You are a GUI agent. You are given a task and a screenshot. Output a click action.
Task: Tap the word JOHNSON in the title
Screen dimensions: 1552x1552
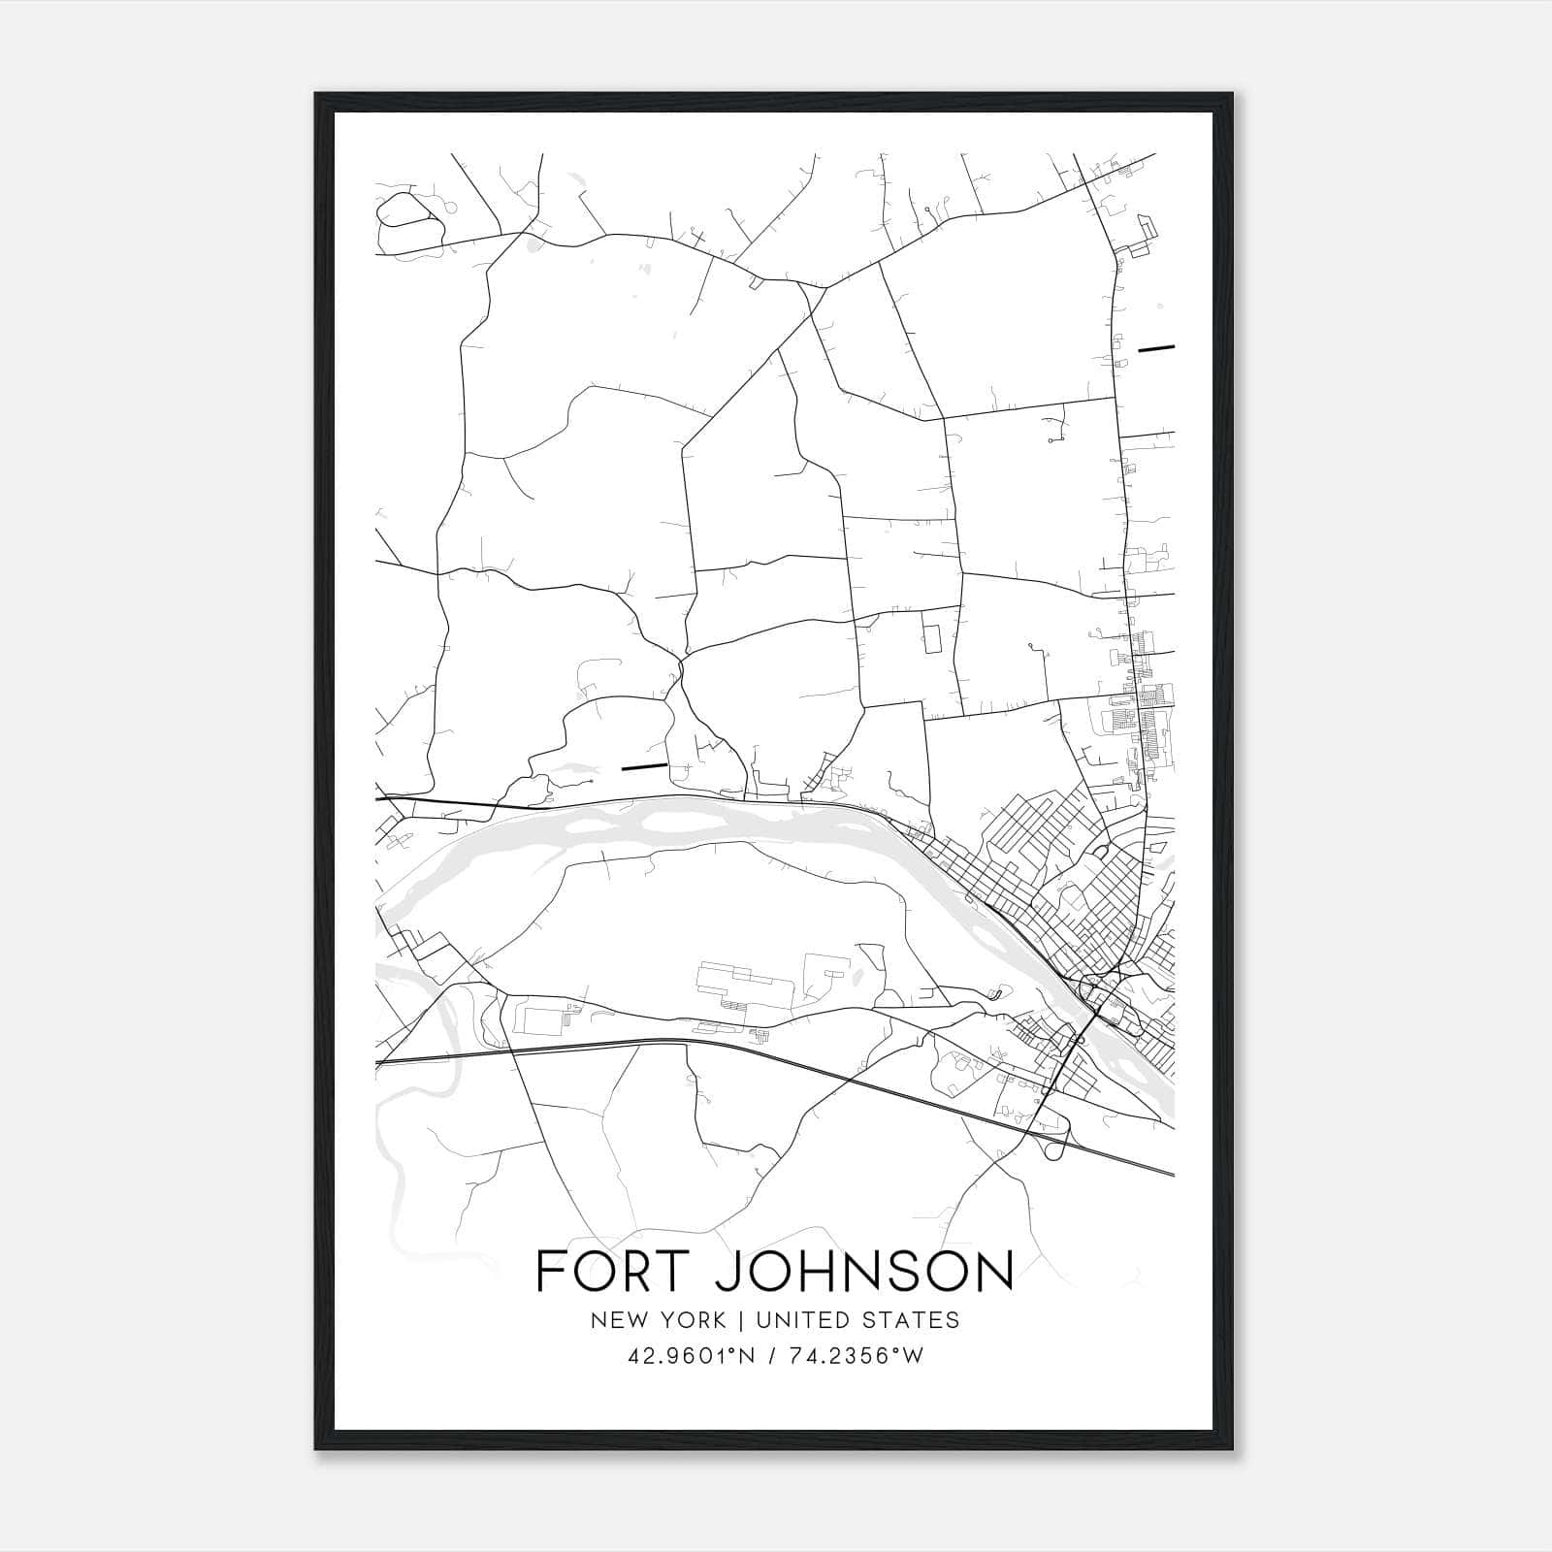pyautogui.click(x=863, y=1271)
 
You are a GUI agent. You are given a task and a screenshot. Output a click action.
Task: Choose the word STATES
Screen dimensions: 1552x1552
pyautogui.click(x=913, y=1320)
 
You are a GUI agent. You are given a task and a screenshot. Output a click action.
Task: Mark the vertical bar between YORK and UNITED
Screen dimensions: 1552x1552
pyautogui.click(x=740, y=1320)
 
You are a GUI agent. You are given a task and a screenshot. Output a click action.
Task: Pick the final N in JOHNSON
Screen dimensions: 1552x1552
pyautogui.click(x=991, y=1271)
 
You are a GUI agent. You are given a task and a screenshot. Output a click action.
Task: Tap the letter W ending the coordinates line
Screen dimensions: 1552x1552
pyautogui.click(x=912, y=1356)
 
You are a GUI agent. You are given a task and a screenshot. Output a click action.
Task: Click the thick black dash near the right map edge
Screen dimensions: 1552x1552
pyautogui.click(x=1156, y=346)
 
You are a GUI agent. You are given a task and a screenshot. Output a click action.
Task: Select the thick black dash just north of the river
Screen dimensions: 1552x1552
pyautogui.click(x=643, y=767)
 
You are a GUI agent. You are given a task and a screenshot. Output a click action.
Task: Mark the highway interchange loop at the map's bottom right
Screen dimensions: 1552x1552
pyautogui.click(x=1055, y=1148)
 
